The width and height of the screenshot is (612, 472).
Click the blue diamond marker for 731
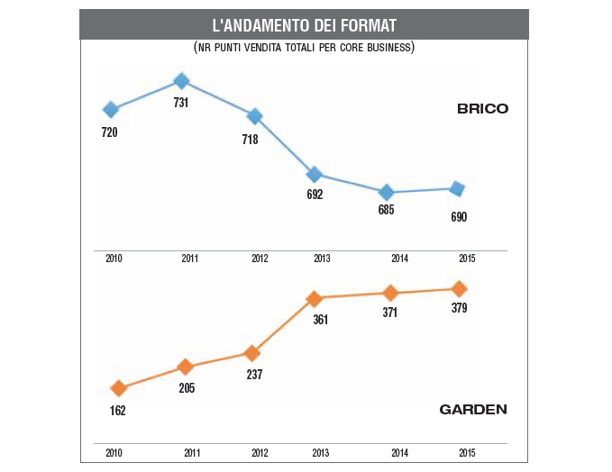point(181,81)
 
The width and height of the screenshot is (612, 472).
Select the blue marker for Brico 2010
point(111,109)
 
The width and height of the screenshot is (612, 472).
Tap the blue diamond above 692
point(314,174)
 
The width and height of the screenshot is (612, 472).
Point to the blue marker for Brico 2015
point(457,188)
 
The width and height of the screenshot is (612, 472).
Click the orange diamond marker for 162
point(117,388)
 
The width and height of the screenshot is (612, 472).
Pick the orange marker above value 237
point(253,352)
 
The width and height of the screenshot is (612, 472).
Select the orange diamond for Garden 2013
point(314,298)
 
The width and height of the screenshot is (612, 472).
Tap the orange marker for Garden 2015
point(459,288)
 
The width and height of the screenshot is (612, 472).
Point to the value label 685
point(386,210)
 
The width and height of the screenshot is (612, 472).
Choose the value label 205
point(186,387)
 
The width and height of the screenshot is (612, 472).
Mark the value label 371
point(391,312)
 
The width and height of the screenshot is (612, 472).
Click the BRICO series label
point(482,109)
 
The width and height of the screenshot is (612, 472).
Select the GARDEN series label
point(473,409)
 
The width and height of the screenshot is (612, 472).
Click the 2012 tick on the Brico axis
point(260,259)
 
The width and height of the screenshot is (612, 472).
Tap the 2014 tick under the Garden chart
point(400,453)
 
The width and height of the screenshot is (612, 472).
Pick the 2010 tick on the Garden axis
point(114,453)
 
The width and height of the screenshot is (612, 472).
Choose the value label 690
point(459,217)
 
